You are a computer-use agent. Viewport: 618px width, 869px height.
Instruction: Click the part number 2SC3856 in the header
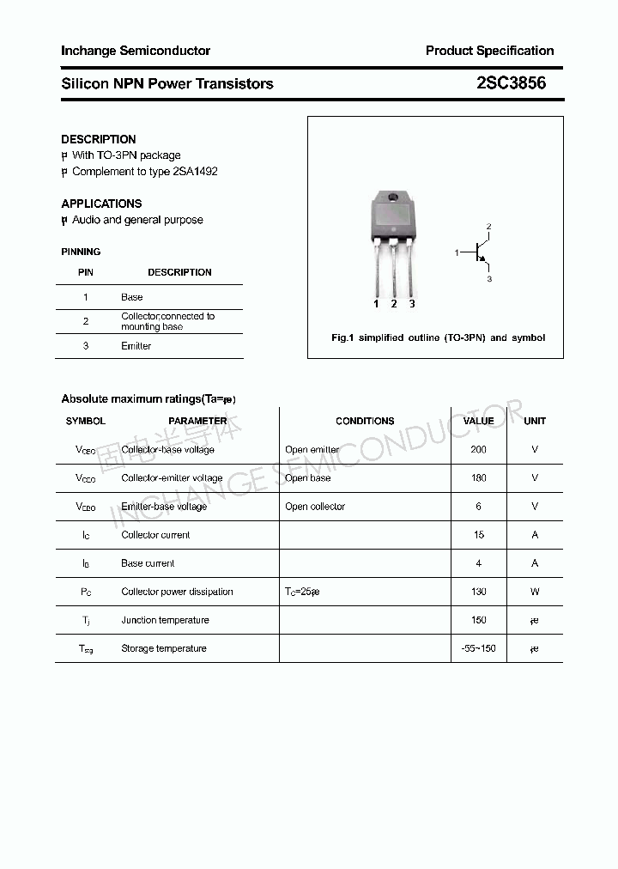[511, 83]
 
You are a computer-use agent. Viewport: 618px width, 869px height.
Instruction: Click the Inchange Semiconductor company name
[136, 51]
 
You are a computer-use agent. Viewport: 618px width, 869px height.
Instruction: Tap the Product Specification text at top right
[489, 51]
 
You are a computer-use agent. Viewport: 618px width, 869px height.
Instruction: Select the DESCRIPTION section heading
[99, 139]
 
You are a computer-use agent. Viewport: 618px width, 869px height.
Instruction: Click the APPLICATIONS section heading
[101, 204]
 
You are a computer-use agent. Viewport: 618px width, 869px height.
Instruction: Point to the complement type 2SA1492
[195, 172]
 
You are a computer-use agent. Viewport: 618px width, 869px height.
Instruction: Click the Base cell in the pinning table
[132, 297]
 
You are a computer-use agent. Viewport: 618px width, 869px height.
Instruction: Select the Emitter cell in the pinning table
[136, 346]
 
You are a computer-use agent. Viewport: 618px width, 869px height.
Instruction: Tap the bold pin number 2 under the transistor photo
[394, 304]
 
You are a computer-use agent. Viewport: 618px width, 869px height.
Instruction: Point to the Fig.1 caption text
[438, 337]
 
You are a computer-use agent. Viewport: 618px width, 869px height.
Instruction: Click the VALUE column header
[478, 421]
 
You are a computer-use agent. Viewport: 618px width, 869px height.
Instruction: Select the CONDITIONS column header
[365, 421]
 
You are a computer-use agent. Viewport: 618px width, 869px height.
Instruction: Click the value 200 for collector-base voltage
[478, 449]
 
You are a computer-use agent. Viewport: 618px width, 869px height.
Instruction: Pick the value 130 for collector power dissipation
[478, 592]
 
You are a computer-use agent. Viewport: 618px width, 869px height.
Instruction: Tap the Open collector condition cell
[315, 507]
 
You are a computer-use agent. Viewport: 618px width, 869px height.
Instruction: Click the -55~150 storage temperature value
[478, 648]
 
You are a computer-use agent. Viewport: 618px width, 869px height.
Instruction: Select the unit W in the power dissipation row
[535, 592]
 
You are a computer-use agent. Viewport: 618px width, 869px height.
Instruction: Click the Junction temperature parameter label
[165, 620]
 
